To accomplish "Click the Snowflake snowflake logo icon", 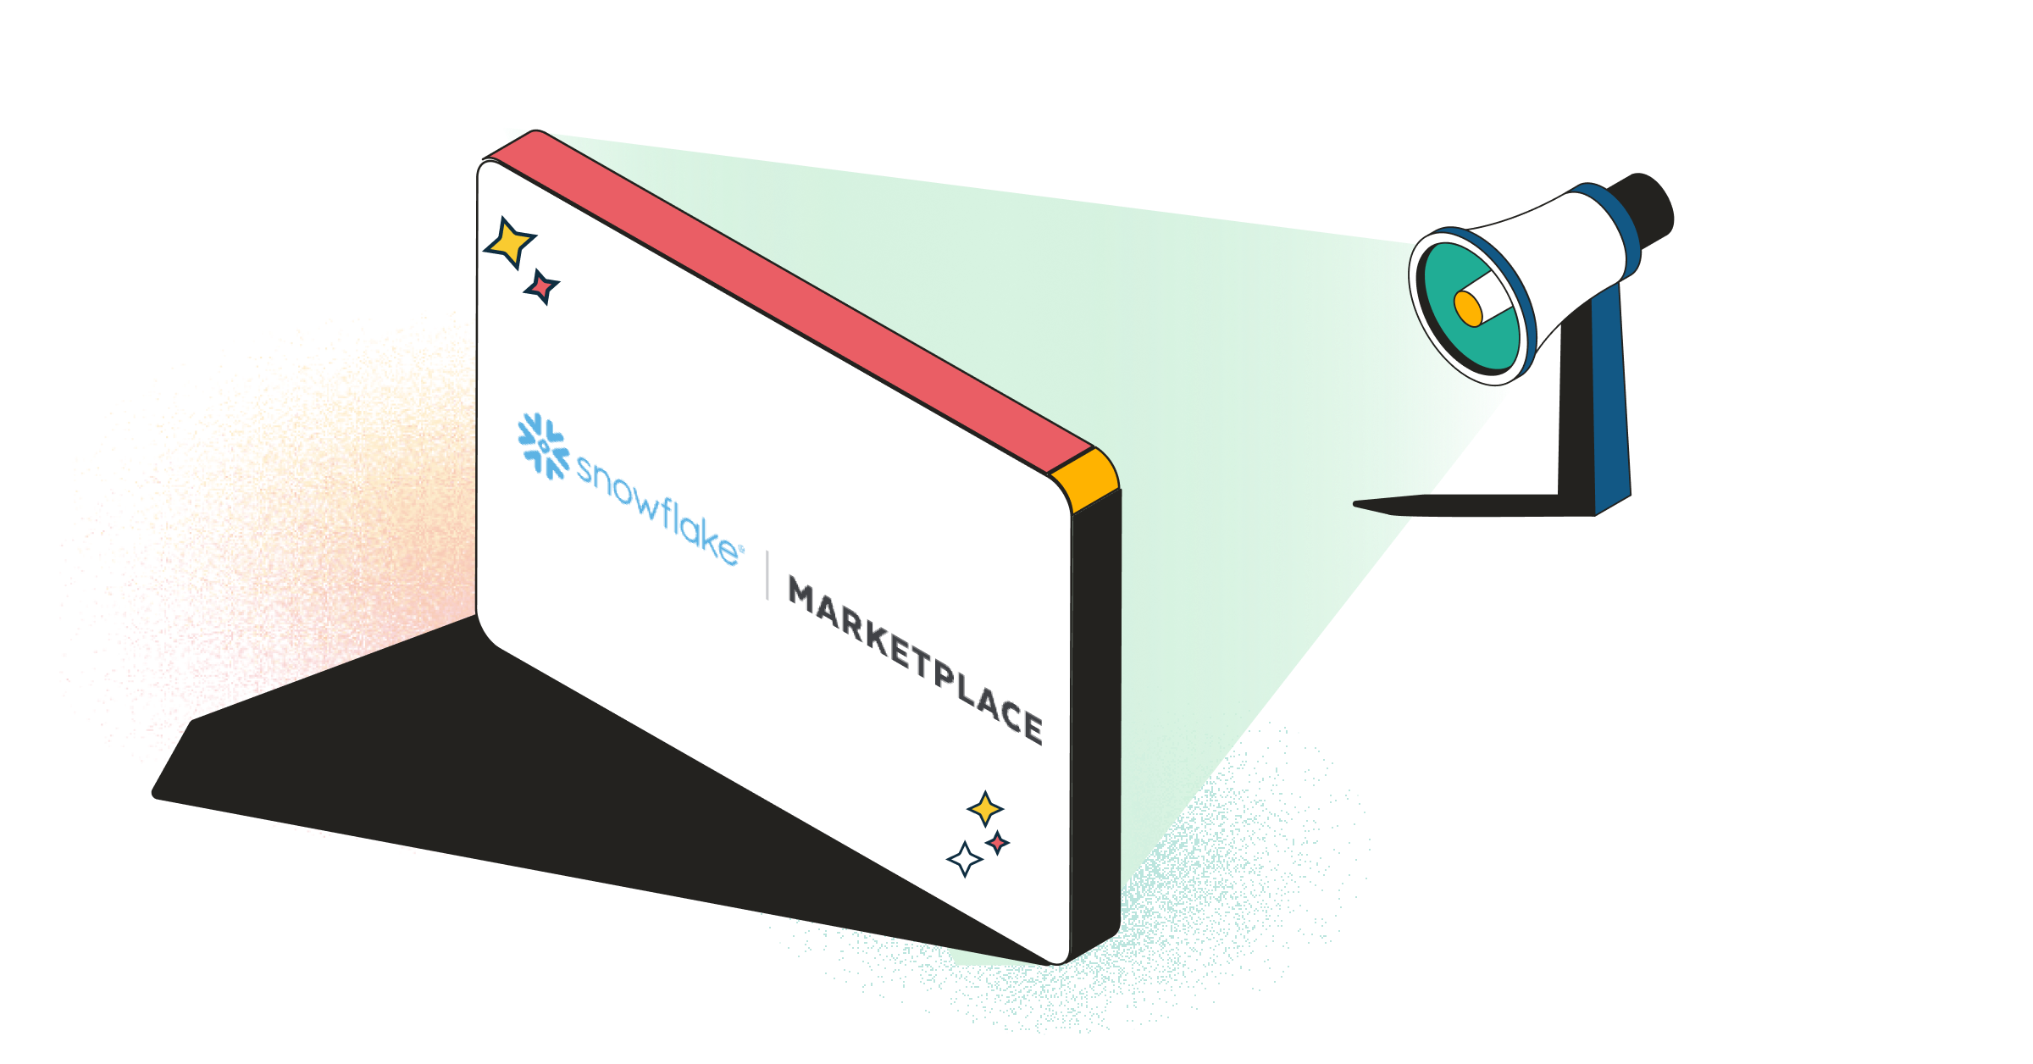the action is (543, 446).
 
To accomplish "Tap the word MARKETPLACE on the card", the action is (915, 660).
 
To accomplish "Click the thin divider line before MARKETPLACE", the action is (767, 575).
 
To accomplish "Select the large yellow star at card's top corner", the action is (509, 242).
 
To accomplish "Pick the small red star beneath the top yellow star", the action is (541, 287).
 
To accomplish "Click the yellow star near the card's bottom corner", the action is (985, 809).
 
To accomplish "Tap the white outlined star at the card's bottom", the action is (964, 859).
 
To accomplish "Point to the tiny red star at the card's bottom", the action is (998, 843).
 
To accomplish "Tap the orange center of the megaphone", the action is (1468, 308).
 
